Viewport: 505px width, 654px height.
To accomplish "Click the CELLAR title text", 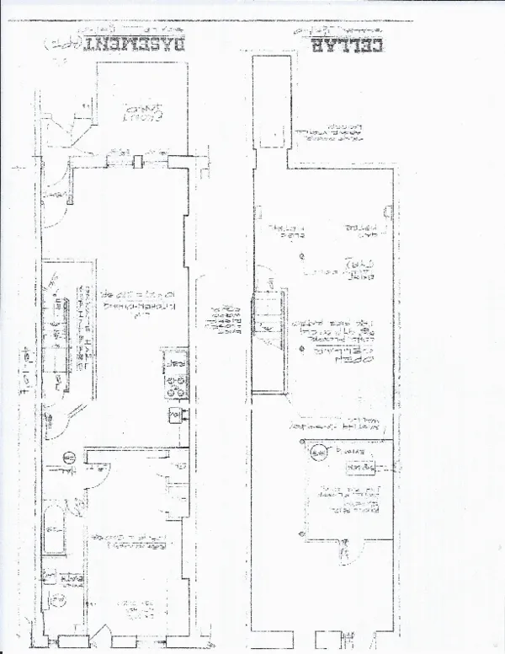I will tap(346, 44).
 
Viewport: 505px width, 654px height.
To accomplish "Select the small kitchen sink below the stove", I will tap(176, 414).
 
